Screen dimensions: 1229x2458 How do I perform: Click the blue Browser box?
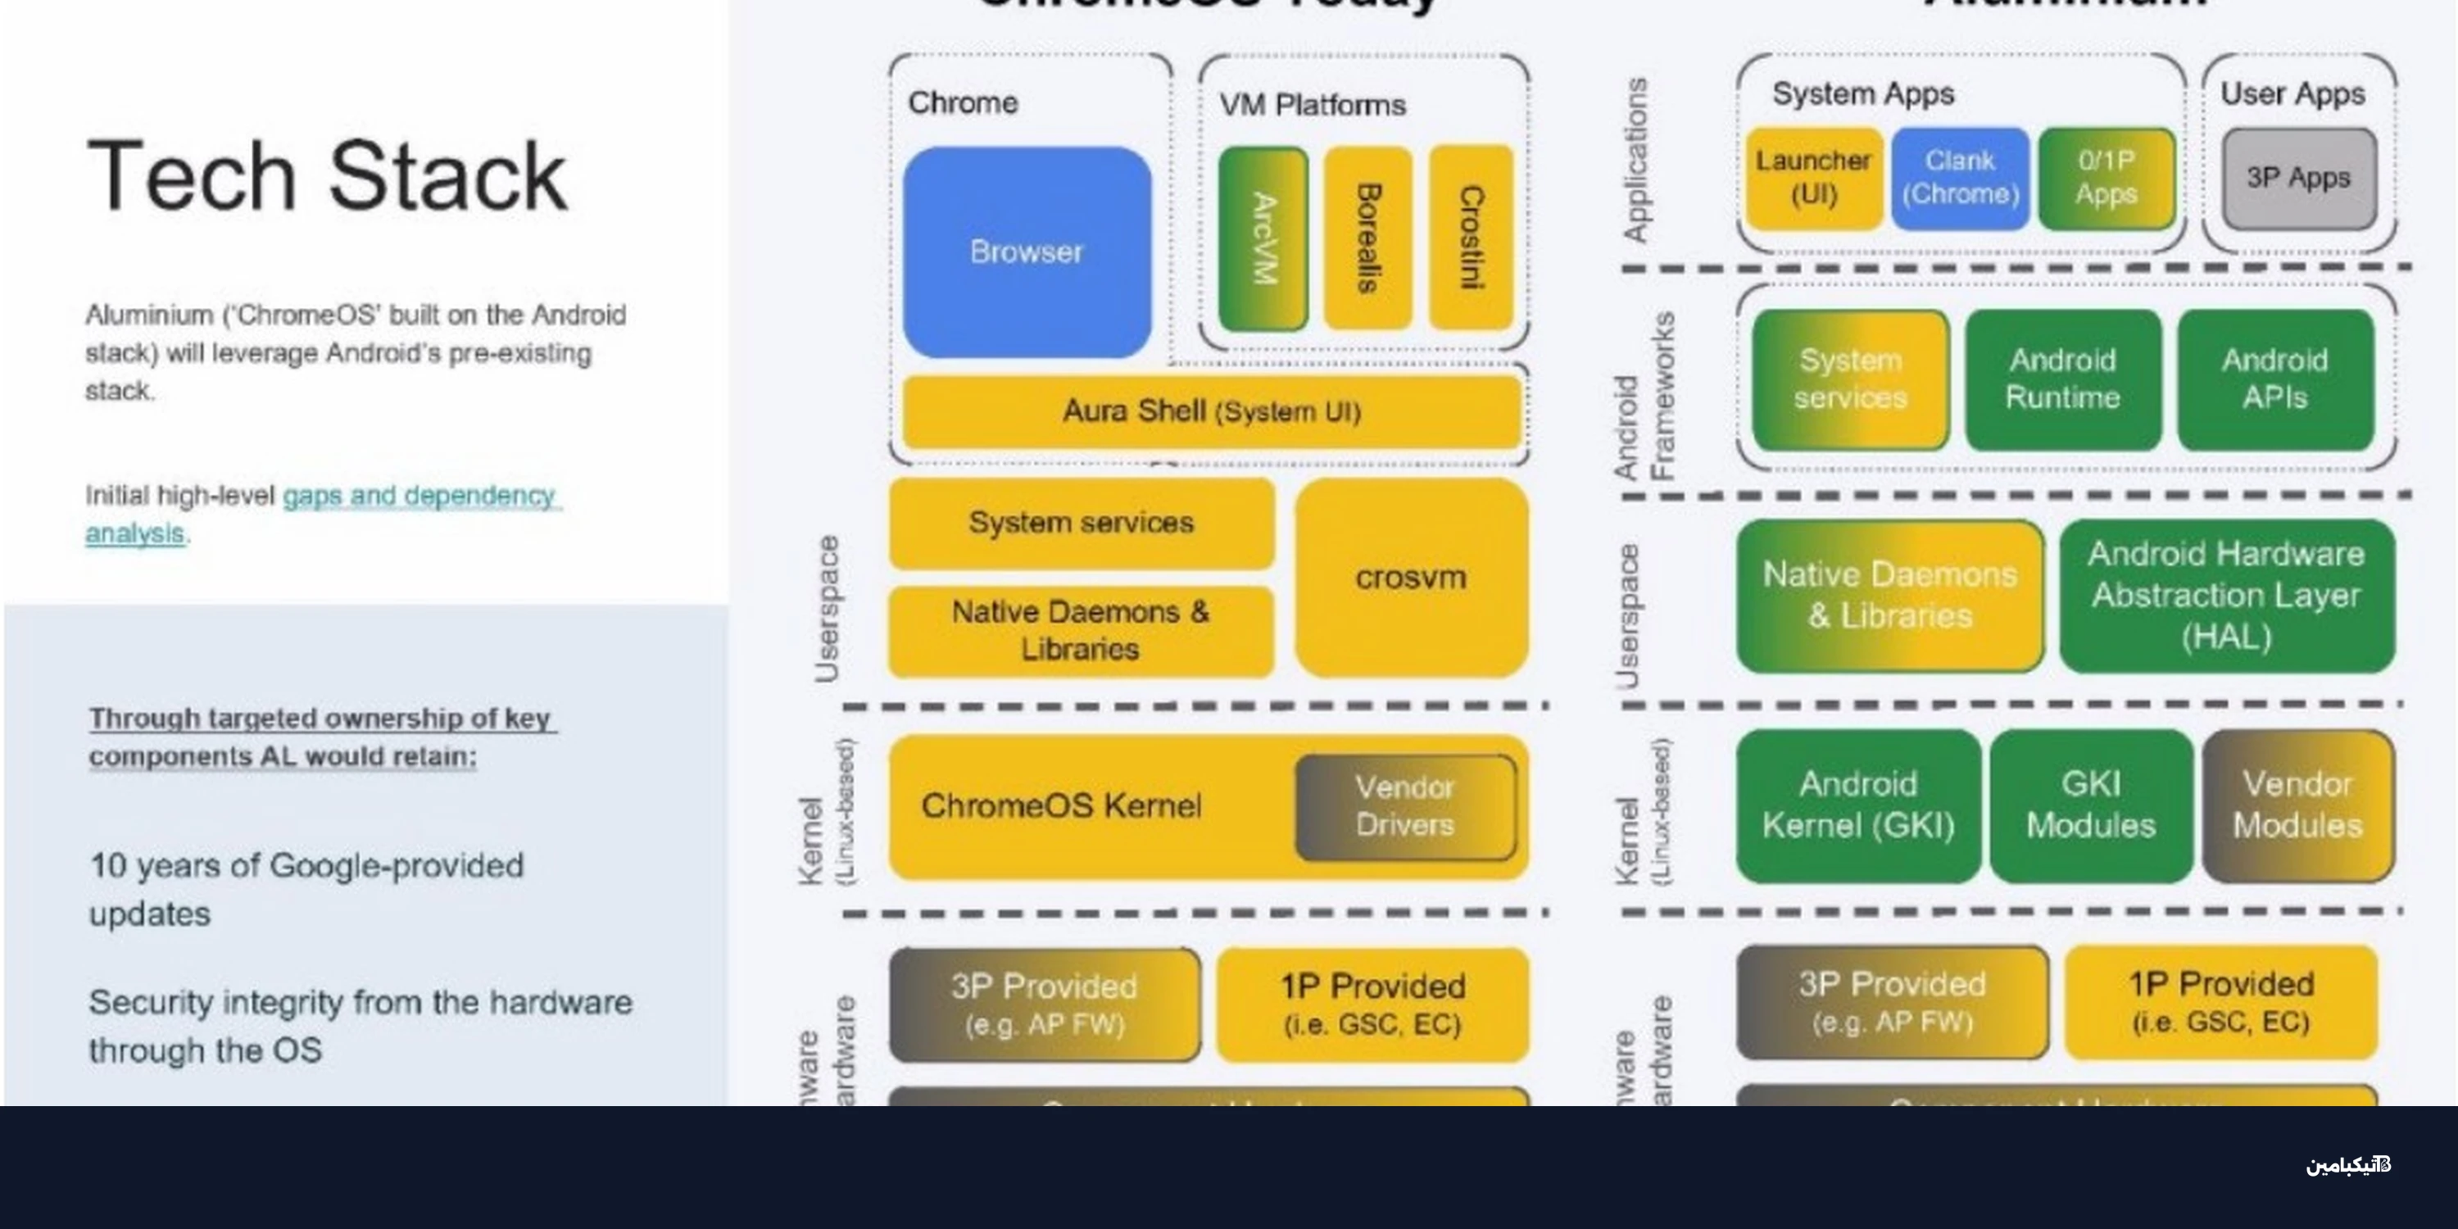1027,252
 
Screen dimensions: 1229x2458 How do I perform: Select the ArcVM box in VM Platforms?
1263,238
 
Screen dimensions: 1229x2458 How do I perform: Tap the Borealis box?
1367,238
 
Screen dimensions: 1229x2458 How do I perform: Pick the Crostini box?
1471,238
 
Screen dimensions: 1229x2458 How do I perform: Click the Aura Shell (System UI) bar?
1211,411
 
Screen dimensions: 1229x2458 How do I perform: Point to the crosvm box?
1410,578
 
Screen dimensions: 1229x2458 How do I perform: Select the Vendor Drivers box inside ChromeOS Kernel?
1404,806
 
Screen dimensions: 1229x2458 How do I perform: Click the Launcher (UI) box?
1812,179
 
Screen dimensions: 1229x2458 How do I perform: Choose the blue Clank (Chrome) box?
1960,179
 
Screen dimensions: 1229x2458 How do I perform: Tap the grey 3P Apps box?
2297,179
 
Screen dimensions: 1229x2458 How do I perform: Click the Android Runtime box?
2062,379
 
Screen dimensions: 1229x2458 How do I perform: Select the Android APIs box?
2274,379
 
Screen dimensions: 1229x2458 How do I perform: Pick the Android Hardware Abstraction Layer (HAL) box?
2226,596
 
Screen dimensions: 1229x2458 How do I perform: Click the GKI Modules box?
2091,805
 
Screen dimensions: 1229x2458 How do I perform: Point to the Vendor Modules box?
2297,805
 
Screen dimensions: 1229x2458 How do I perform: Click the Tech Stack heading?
327,175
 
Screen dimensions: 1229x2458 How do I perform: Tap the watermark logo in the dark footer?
2348,1165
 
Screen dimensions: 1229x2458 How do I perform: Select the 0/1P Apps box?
2107,179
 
